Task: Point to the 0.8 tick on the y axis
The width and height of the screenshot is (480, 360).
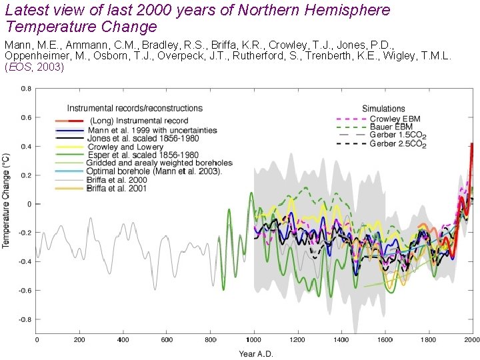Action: click(x=25, y=89)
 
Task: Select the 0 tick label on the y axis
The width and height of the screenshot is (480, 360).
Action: click(x=29, y=204)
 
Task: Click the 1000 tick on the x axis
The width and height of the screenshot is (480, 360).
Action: click(x=254, y=340)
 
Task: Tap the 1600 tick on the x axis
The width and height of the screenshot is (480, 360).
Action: click(x=385, y=340)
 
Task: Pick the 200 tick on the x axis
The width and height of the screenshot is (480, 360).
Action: click(x=79, y=340)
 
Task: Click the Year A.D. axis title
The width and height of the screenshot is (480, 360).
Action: click(x=257, y=353)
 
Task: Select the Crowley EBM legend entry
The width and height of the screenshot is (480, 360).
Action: click(x=395, y=119)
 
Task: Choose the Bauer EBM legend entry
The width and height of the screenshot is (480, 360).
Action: click(x=392, y=127)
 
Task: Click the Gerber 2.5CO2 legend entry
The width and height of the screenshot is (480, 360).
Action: click(x=398, y=143)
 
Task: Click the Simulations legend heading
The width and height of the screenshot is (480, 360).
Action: click(x=383, y=109)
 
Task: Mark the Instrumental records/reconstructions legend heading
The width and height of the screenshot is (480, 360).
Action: click(x=135, y=108)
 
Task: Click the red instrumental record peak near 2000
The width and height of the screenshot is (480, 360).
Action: click(x=472, y=145)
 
